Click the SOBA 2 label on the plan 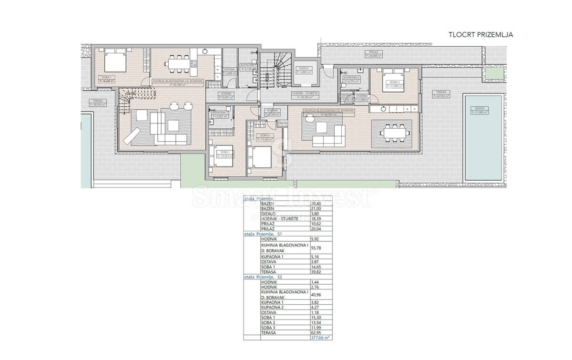(266, 135)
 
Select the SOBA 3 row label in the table (269, 328)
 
